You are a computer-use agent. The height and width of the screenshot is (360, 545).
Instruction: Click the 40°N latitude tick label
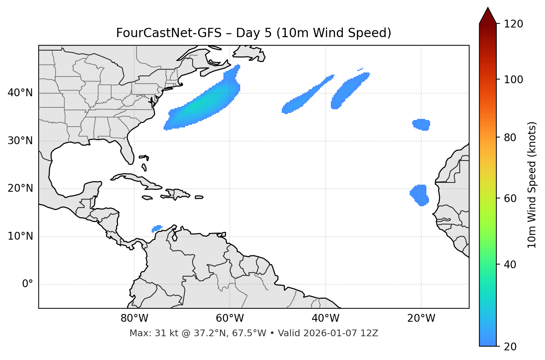tap(20, 93)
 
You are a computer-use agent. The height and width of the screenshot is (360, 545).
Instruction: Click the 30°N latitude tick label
tap(20, 141)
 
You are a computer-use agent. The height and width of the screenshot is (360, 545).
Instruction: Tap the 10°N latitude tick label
tap(20, 236)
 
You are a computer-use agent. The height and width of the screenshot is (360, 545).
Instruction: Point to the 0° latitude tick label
tap(27, 284)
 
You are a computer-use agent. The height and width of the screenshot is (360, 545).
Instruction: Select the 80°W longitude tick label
tap(134, 318)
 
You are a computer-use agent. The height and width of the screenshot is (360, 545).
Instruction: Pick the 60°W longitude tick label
tap(230, 318)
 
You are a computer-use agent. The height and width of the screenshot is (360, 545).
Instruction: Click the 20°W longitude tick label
tap(421, 318)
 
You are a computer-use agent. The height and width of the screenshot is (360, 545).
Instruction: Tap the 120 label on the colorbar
tap(514, 24)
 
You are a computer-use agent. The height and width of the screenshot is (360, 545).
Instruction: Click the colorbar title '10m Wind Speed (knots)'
tap(532, 185)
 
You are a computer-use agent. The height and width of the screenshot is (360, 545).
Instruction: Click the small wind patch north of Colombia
tap(157, 228)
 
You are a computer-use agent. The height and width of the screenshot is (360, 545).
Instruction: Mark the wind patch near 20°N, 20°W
tap(420, 195)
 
